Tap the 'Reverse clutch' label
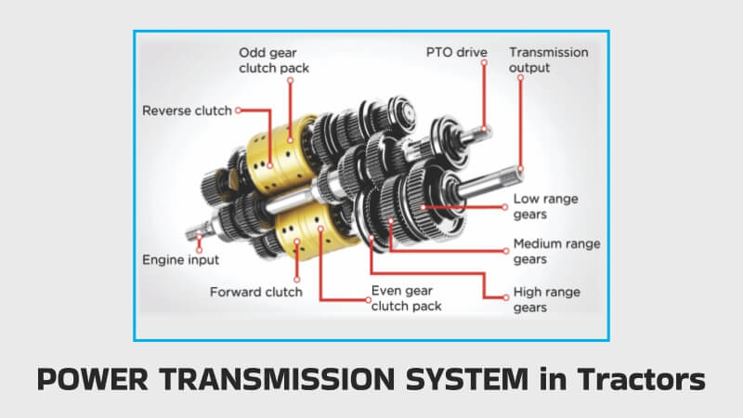187,111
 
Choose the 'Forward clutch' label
255,292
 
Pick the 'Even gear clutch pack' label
406,297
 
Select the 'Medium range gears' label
556,252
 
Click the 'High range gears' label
547,299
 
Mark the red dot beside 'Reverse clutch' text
239,111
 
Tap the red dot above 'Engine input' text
199,240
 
